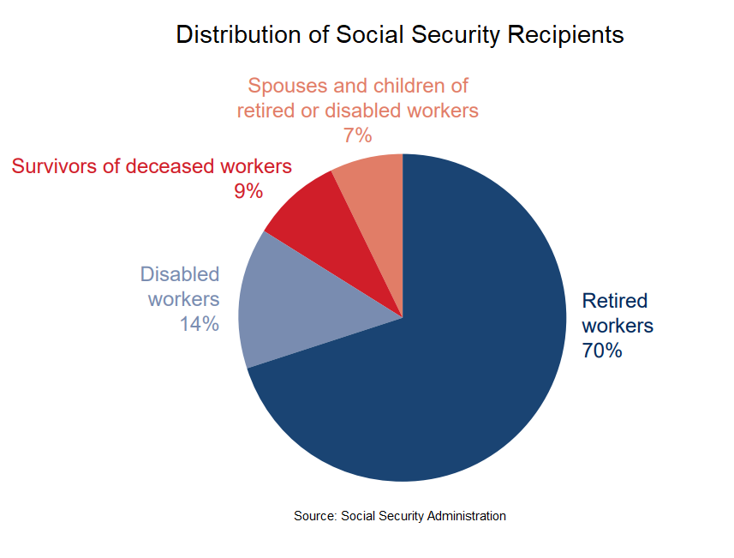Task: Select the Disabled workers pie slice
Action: tap(300, 309)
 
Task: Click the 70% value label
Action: tap(602, 351)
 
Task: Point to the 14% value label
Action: tap(199, 324)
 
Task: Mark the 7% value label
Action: tap(357, 135)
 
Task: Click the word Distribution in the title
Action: tap(226, 35)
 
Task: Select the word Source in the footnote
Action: tap(313, 516)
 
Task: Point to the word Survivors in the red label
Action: tap(53, 166)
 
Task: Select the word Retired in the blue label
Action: tap(615, 301)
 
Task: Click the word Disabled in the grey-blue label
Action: tap(180, 274)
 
